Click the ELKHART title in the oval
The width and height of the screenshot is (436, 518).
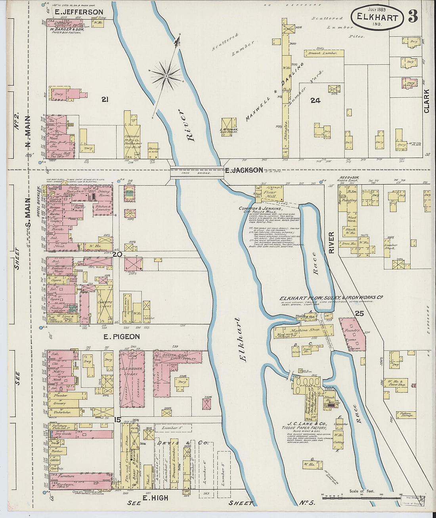click(x=377, y=18)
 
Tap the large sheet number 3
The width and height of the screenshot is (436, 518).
click(x=413, y=16)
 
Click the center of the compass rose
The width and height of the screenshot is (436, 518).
click(x=167, y=75)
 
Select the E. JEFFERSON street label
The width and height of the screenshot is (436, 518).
click(x=79, y=12)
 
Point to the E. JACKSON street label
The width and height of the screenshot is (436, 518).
click(x=243, y=170)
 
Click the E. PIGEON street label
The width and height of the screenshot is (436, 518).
click(x=121, y=337)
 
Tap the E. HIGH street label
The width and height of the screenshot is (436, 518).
click(x=155, y=498)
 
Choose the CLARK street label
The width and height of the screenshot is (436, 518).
click(x=426, y=101)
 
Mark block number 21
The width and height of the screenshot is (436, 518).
click(x=105, y=100)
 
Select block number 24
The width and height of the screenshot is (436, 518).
click(x=315, y=100)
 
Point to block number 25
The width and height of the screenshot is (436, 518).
click(x=359, y=313)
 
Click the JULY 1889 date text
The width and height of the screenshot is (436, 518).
click(x=377, y=9)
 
